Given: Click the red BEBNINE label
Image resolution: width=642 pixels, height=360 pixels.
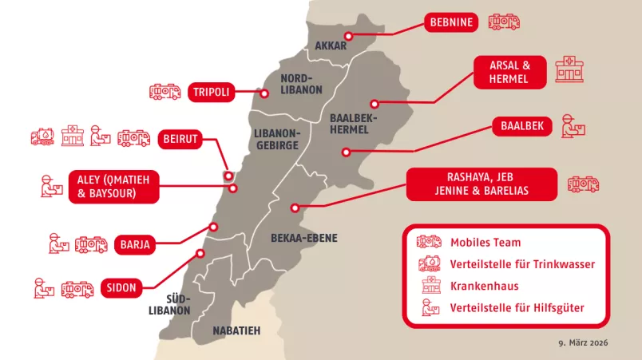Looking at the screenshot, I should click(x=451, y=22).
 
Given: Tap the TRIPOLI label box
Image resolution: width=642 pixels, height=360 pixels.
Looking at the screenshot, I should click(x=211, y=93).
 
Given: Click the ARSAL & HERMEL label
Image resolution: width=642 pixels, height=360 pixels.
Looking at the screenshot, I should click(x=509, y=72).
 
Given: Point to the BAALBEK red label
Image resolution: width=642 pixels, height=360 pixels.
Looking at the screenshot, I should click(x=522, y=126).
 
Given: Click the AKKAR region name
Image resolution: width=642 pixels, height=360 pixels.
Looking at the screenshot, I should click(x=331, y=45).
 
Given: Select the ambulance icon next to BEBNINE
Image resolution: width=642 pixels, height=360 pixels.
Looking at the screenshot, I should click(x=504, y=22).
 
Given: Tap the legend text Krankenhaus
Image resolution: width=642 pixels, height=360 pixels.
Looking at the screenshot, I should click(x=485, y=286).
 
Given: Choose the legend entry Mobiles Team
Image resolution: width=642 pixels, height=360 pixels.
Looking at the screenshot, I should click(x=485, y=242).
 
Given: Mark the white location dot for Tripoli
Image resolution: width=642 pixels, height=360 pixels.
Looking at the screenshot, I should click(x=264, y=93).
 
